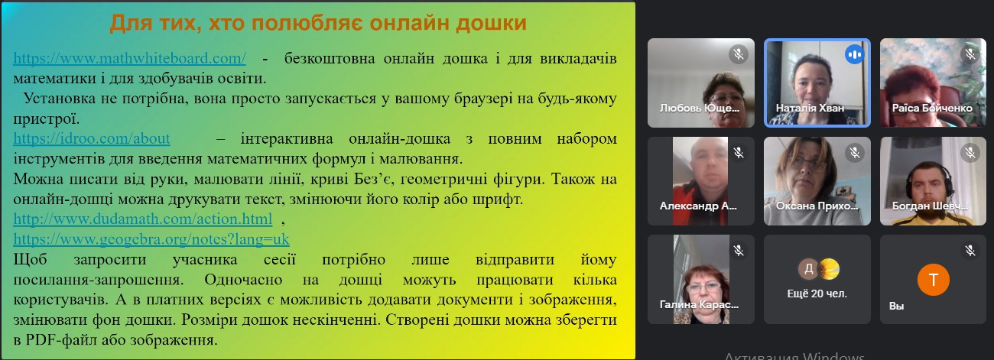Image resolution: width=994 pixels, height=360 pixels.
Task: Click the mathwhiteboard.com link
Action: coord(129,58)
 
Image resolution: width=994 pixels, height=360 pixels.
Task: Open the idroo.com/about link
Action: coord(92,138)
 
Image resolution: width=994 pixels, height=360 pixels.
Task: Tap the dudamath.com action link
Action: coord(142,219)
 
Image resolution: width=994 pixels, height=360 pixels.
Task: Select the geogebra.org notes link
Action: coord(151,239)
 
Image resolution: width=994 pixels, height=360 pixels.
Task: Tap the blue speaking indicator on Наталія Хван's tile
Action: coord(854,55)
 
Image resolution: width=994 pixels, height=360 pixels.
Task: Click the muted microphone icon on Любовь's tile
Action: coord(739,54)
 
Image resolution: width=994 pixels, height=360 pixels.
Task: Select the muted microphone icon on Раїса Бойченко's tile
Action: coord(970,54)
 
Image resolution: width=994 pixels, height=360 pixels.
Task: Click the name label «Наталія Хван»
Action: coord(810,108)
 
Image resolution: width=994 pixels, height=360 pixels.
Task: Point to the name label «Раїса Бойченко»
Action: coord(932,108)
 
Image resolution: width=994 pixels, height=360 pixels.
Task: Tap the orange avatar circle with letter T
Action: coord(933,279)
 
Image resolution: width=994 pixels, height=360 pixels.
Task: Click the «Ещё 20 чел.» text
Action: coord(817,294)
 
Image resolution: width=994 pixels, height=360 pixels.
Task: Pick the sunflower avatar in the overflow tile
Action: coord(828,269)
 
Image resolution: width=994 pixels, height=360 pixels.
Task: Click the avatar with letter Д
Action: coord(808,269)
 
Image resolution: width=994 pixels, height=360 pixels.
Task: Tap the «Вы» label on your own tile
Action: coord(896,306)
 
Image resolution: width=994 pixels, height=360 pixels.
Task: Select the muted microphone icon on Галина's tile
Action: coord(739,251)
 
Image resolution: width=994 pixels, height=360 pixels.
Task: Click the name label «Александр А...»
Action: coord(698,206)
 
